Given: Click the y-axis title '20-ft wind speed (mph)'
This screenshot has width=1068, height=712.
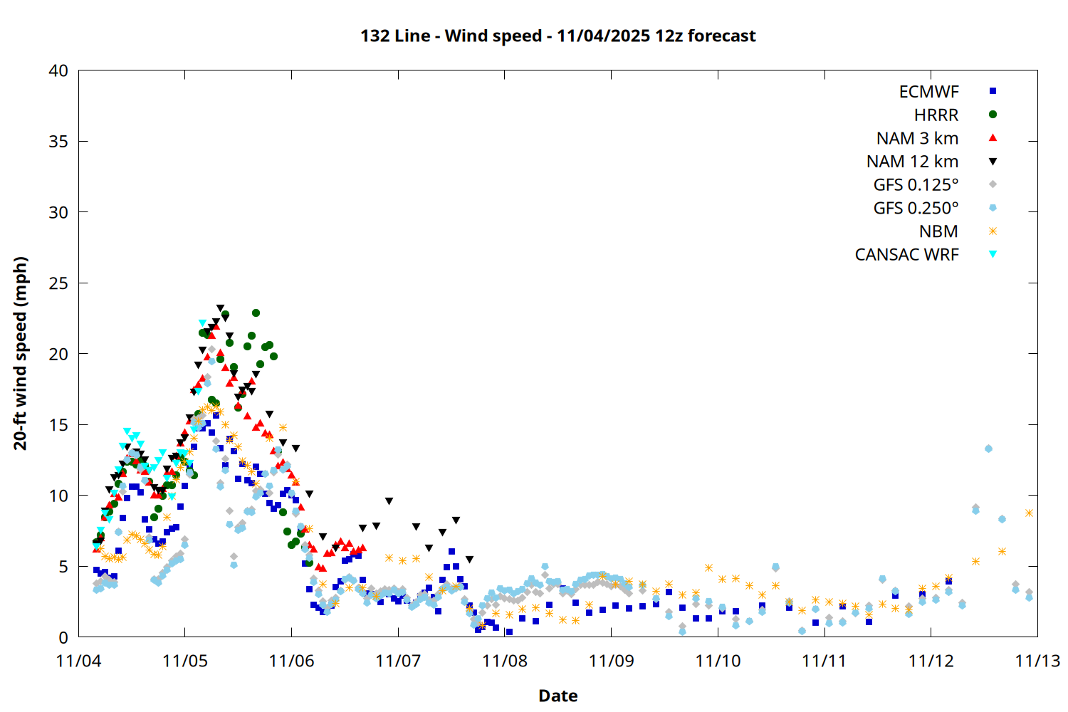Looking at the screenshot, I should (21, 353).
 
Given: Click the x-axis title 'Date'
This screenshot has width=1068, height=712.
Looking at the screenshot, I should (557, 696).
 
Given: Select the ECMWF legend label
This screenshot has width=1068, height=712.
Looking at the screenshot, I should (928, 92).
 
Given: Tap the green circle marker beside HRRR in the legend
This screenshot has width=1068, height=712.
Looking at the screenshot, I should (993, 115).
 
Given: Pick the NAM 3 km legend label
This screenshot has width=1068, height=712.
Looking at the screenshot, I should (917, 138).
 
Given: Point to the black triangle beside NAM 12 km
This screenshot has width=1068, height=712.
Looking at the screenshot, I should (993, 162).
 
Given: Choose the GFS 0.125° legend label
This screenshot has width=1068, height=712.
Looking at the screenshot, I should (916, 185).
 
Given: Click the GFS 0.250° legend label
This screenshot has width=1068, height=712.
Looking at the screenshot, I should (916, 208).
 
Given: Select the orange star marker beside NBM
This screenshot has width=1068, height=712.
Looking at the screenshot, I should (993, 231).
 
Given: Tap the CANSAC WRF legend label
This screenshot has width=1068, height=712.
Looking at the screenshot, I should (906, 255).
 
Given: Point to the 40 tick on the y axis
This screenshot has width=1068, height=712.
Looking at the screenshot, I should (58, 70).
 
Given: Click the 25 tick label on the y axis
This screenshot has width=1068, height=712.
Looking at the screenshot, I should (58, 283).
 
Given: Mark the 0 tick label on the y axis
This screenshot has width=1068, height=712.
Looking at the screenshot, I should (63, 637).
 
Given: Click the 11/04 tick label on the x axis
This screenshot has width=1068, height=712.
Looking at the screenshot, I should (78, 661).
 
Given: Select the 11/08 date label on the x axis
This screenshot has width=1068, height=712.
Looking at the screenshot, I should (505, 661).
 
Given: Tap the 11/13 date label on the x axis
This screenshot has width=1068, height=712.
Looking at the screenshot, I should (1037, 661).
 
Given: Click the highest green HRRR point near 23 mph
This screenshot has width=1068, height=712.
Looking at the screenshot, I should (256, 313).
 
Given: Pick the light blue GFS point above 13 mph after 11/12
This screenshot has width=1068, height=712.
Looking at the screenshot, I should (988, 449).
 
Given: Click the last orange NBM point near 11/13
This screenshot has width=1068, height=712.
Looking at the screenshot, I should (1029, 513).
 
